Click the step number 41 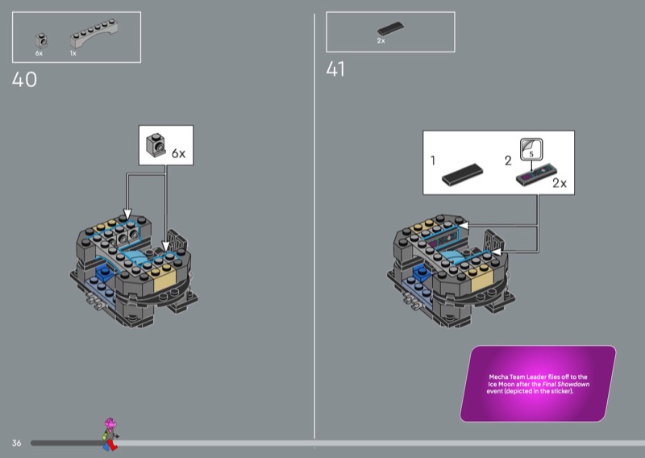pyautogui.click(x=335, y=70)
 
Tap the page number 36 pyautogui.click(x=16, y=443)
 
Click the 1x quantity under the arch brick pyautogui.click(x=73, y=53)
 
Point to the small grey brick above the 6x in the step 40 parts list pyautogui.click(x=40, y=39)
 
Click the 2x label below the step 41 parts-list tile pyautogui.click(x=381, y=40)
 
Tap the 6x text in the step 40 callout pyautogui.click(x=178, y=152)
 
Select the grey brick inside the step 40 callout pyautogui.click(x=153, y=145)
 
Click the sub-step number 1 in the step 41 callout pyautogui.click(x=433, y=161)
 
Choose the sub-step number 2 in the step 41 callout pyautogui.click(x=508, y=160)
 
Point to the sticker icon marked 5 pyautogui.click(x=532, y=148)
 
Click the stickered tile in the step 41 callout pyautogui.click(x=536, y=173)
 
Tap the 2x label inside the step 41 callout pyautogui.click(x=559, y=184)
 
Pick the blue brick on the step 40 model pyautogui.click(x=103, y=278)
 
